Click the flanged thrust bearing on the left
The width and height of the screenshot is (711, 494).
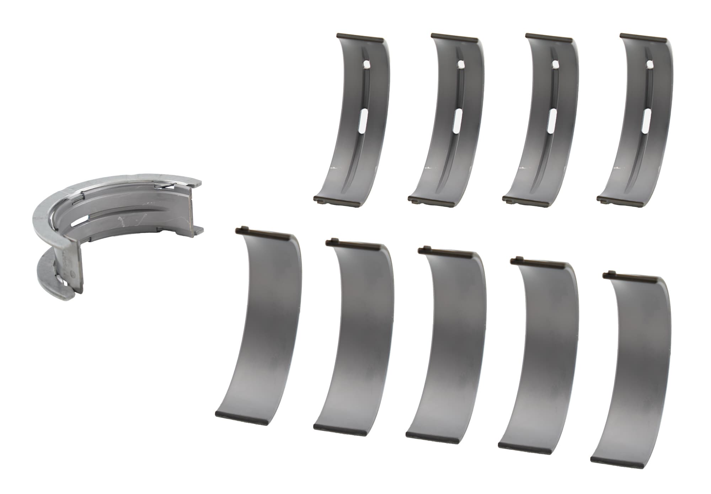(x=117, y=227)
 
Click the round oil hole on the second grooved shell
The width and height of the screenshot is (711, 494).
(x=461, y=64)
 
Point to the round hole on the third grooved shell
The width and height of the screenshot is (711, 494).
(x=555, y=64)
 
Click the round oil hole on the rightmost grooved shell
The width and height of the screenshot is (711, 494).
(x=650, y=64)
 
